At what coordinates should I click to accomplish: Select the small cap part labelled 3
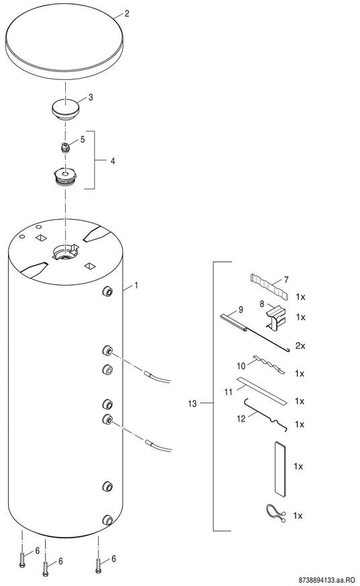[66, 108]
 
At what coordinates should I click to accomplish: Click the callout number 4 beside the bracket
[112, 161]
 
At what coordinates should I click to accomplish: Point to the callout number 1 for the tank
[136, 285]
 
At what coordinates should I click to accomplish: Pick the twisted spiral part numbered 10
[268, 364]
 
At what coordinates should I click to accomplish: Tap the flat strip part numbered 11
[262, 390]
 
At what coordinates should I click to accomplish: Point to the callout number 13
[192, 404]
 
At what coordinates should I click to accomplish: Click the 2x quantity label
[300, 345]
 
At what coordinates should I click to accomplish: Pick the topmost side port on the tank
[107, 292]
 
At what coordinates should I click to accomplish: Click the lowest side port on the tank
[107, 520]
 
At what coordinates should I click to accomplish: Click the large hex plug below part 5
[65, 177]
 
